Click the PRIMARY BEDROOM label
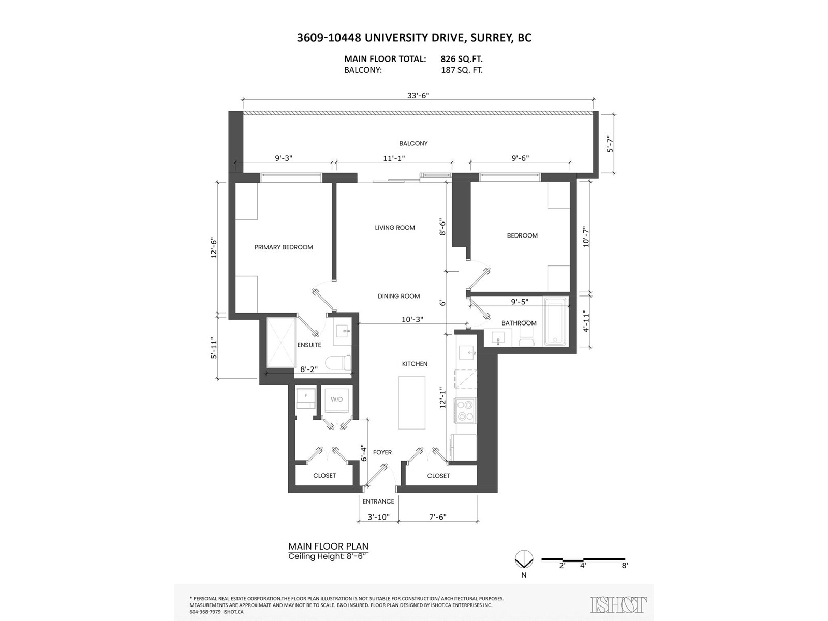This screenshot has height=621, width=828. click(284, 247)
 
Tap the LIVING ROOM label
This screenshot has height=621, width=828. click(395, 228)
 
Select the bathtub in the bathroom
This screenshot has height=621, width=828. click(555, 321)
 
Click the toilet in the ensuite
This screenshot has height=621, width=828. click(339, 363)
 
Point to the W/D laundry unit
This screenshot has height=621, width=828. click(337, 400)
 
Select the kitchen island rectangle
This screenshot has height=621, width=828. click(411, 403)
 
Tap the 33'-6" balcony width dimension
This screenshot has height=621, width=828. click(418, 95)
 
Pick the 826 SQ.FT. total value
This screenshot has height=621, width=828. click(462, 59)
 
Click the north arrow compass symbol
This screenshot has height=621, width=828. click(524, 559)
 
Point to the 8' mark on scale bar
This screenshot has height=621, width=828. click(625, 566)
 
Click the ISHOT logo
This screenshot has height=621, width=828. click(618, 604)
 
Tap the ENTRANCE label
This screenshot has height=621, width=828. click(378, 501)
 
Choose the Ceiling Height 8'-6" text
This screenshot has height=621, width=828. click(328, 556)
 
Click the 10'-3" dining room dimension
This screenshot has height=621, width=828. click(412, 320)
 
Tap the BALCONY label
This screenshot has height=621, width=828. click(413, 143)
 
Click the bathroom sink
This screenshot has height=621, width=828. click(498, 339)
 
